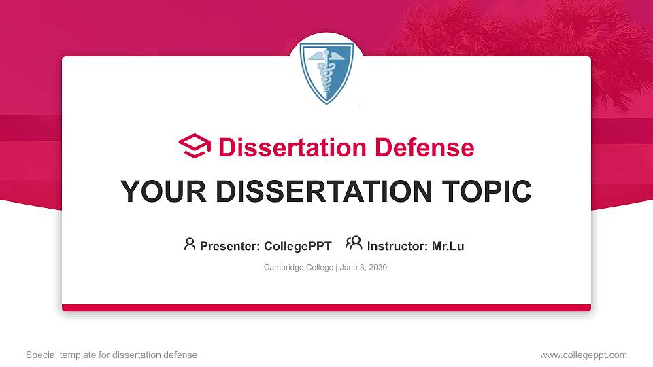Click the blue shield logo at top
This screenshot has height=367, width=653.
click(x=326, y=72)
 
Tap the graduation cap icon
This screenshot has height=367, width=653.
click(x=195, y=146)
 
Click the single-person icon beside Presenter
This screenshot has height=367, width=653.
click(x=190, y=244)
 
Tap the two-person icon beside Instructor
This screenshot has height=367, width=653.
click(x=353, y=244)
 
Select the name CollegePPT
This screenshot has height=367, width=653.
click(x=297, y=246)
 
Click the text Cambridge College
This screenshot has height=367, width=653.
click(x=298, y=268)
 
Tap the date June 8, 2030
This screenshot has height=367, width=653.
click(x=363, y=268)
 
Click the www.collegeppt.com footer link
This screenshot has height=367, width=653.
click(x=584, y=355)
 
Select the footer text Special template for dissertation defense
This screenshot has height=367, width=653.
click(x=112, y=355)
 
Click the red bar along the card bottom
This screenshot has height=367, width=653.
click(x=326, y=308)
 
